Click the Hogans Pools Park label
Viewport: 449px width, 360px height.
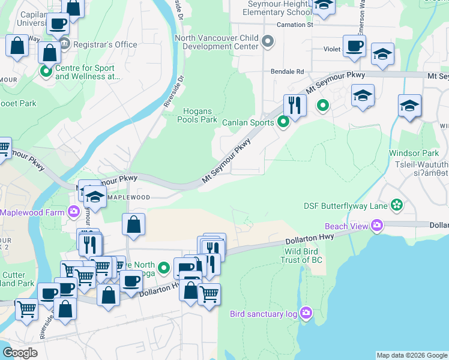[197, 115]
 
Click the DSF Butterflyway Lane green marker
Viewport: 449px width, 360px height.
[396, 206]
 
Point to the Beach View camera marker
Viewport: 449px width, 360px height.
[377, 226]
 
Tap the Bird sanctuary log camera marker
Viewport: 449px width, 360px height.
[306, 313]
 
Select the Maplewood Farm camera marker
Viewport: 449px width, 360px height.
[74, 212]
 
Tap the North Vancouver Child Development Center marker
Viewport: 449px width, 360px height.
[268, 42]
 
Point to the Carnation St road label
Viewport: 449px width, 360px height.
[295, 25]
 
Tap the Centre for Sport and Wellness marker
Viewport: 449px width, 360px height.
[46, 72]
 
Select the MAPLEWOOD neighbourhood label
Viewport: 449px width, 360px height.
[127, 197]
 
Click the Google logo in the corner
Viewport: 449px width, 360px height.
[20, 353]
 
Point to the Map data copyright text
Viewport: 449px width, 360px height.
[411, 355]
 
